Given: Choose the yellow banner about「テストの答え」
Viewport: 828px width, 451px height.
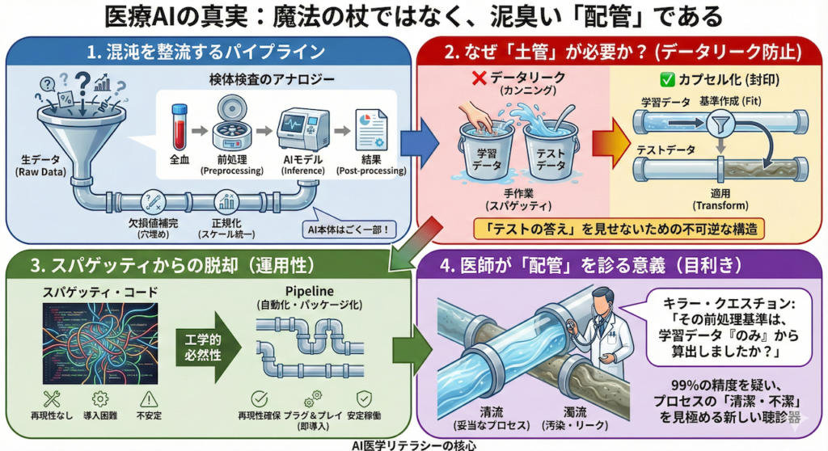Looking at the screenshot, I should tap(617, 228).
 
